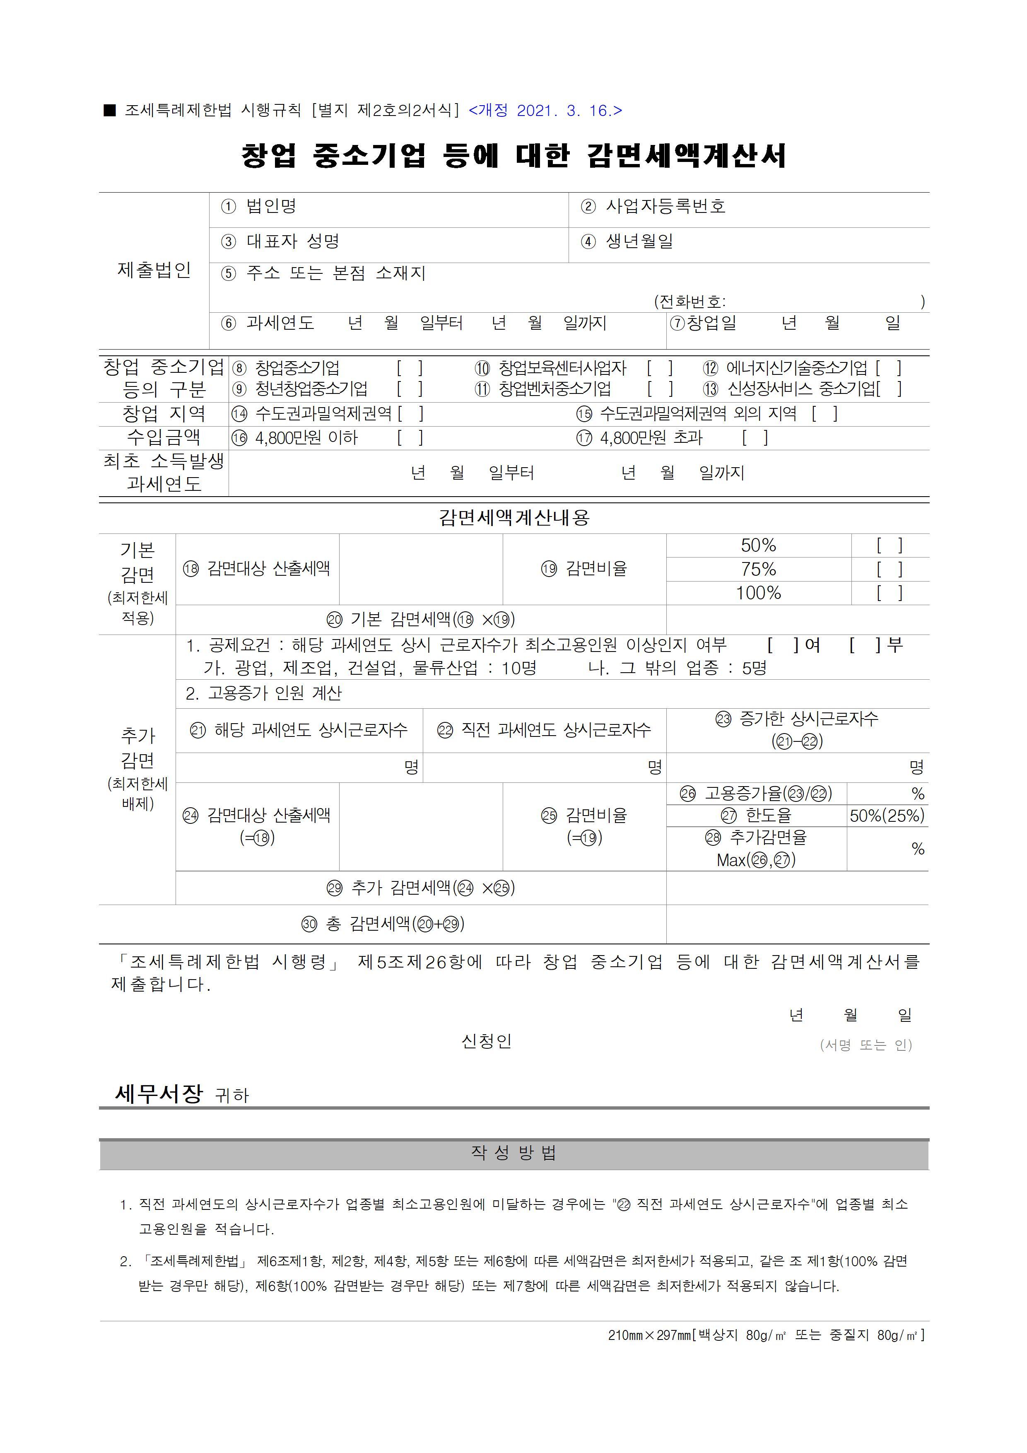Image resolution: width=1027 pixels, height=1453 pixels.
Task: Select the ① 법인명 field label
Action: tap(258, 206)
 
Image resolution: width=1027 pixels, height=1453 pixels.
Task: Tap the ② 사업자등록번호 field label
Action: tap(653, 206)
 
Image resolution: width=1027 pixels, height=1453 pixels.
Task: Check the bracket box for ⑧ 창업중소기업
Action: tap(410, 368)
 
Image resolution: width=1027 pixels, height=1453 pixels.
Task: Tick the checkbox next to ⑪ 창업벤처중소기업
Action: tap(660, 389)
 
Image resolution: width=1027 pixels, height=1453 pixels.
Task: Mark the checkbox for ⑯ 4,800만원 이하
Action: tap(410, 438)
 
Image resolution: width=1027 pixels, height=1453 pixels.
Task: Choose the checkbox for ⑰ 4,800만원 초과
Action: tap(755, 438)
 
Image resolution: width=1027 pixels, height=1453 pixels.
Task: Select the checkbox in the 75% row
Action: tap(889, 570)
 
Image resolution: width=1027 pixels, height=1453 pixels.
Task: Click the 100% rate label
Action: tap(758, 593)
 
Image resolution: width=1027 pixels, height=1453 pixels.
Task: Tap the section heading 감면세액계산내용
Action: tap(514, 518)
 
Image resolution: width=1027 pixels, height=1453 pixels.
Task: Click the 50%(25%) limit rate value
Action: tap(887, 816)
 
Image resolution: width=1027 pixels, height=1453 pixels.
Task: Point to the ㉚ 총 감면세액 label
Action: tap(383, 924)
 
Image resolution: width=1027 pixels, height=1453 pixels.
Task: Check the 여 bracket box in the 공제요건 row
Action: tap(783, 645)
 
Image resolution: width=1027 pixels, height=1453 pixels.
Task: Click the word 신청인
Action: tap(486, 1041)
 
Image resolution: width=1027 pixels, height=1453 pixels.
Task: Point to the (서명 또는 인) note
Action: tap(865, 1045)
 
